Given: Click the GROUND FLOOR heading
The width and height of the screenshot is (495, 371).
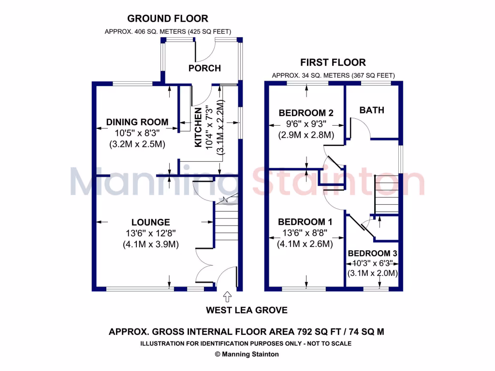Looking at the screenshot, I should point(167,19).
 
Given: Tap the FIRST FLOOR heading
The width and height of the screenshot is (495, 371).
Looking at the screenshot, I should point(333,62).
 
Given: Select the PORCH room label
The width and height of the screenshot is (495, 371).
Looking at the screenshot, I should point(204,68).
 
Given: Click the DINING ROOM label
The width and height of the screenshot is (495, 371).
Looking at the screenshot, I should point(137,122).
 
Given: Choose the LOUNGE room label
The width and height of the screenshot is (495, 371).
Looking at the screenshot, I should point(151,222).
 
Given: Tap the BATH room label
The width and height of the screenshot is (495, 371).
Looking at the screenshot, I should point(372,110).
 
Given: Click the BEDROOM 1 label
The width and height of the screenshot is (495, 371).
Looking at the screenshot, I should point(305,222).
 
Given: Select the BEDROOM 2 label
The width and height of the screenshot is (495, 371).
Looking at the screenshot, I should point(306,113).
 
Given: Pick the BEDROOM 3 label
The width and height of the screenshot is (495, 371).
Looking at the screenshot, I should point(373,254).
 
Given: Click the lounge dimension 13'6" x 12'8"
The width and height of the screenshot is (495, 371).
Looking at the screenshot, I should point(151,233).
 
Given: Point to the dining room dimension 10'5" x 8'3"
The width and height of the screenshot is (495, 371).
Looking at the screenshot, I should point(137,133).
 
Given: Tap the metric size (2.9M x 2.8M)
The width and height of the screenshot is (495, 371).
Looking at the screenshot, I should point(306,135).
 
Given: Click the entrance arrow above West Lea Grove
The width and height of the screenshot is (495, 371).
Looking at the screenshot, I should point(227,296).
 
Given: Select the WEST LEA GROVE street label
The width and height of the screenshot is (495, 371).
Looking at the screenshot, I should point(247,310).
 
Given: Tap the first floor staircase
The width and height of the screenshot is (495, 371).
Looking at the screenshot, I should point(387,194).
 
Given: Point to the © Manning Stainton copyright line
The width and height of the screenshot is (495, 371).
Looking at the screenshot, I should point(247,354).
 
